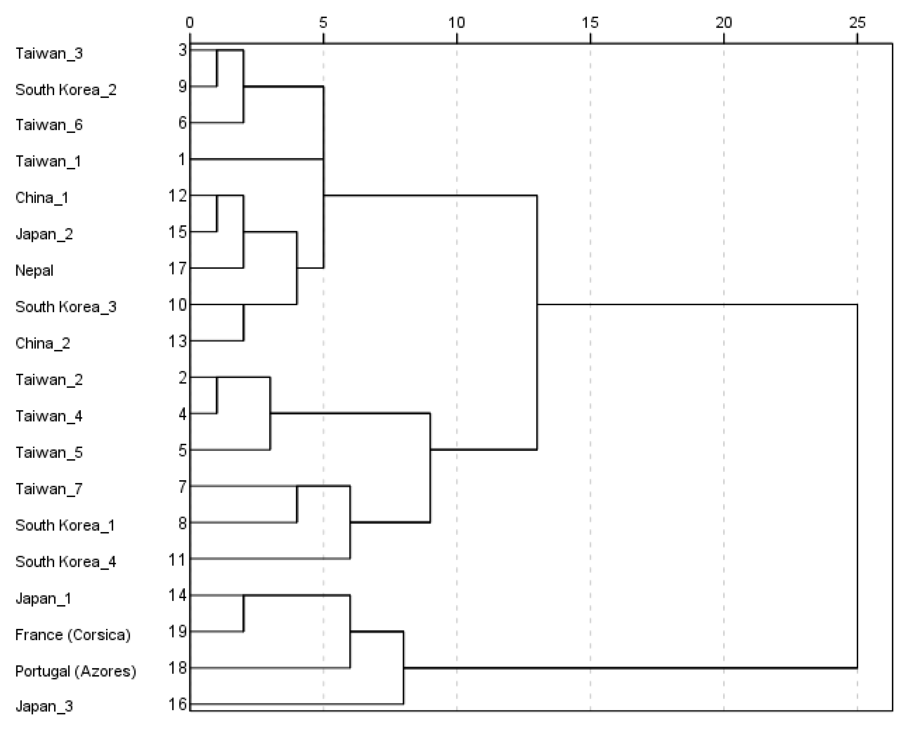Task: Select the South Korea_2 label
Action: pyautogui.click(x=66, y=90)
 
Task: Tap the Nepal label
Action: pyautogui.click(x=34, y=270)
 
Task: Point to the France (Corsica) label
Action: pyautogui.click(x=73, y=635)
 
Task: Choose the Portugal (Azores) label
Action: pyautogui.click(x=75, y=671)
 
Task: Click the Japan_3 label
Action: pyautogui.click(x=44, y=706)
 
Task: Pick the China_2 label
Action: pyautogui.click(x=42, y=343)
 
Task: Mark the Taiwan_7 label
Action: pyautogui.click(x=49, y=489)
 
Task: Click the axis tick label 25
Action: pyautogui.click(x=857, y=23)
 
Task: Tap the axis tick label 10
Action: pyautogui.click(x=457, y=23)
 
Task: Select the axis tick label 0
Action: pyautogui.click(x=190, y=23)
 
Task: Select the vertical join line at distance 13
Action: pyautogui.click(x=537, y=322)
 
